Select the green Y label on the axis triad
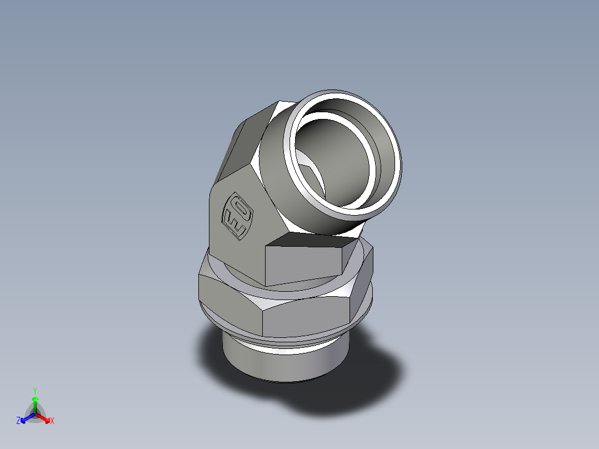point(34,390)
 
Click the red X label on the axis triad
point(52,421)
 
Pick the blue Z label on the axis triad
point(18,421)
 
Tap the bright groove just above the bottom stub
point(283,347)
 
